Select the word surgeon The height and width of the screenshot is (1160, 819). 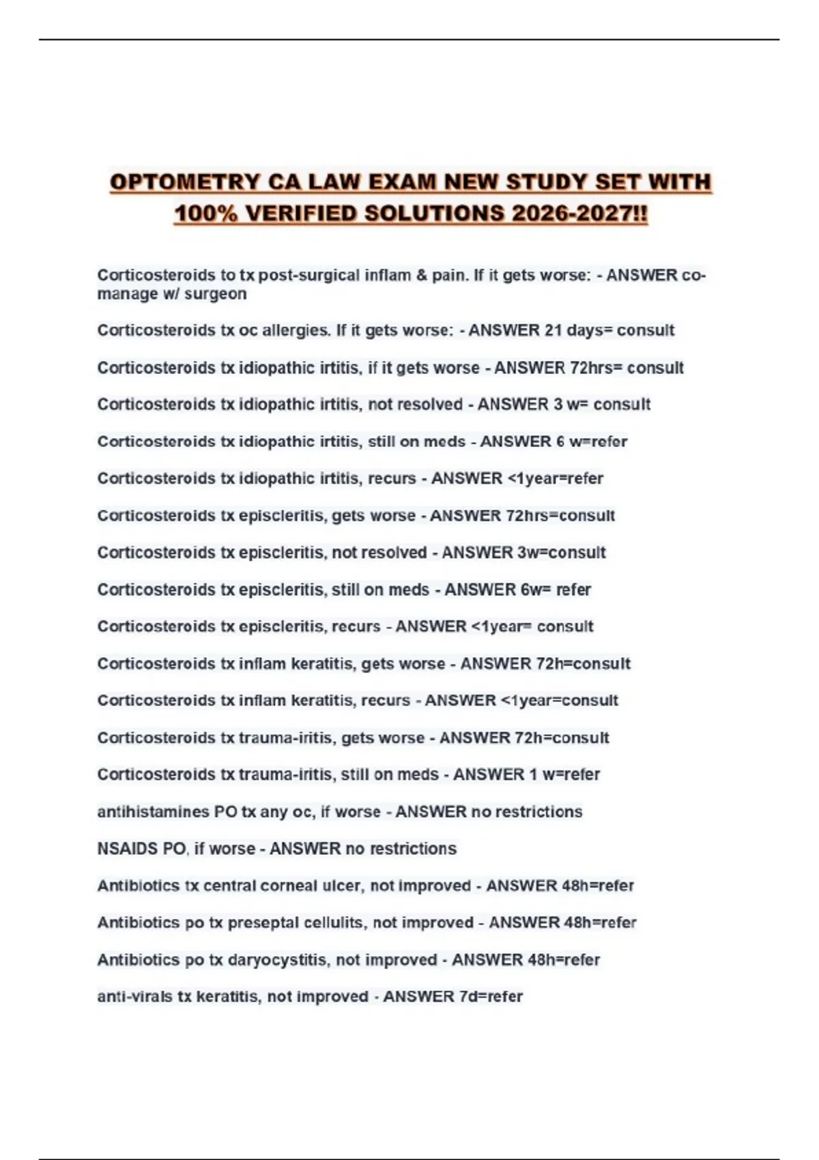[x=215, y=294]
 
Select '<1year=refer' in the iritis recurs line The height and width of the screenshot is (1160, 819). [x=555, y=478]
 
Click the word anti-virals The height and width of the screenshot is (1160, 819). [x=134, y=997]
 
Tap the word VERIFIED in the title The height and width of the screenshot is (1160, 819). [x=301, y=214]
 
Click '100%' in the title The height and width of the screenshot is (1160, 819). [x=205, y=214]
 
